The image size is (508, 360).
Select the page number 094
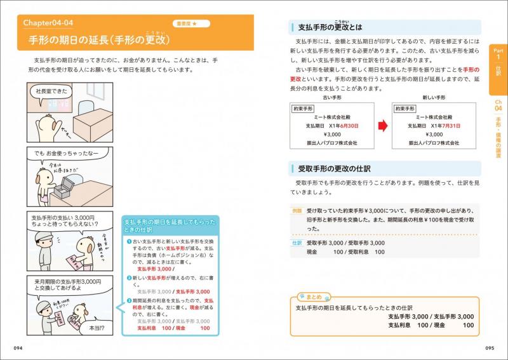(x=22, y=347)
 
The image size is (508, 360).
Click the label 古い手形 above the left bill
(x=331, y=97)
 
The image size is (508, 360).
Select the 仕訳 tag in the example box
(x=297, y=243)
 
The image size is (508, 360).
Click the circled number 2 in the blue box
(x=128, y=278)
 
